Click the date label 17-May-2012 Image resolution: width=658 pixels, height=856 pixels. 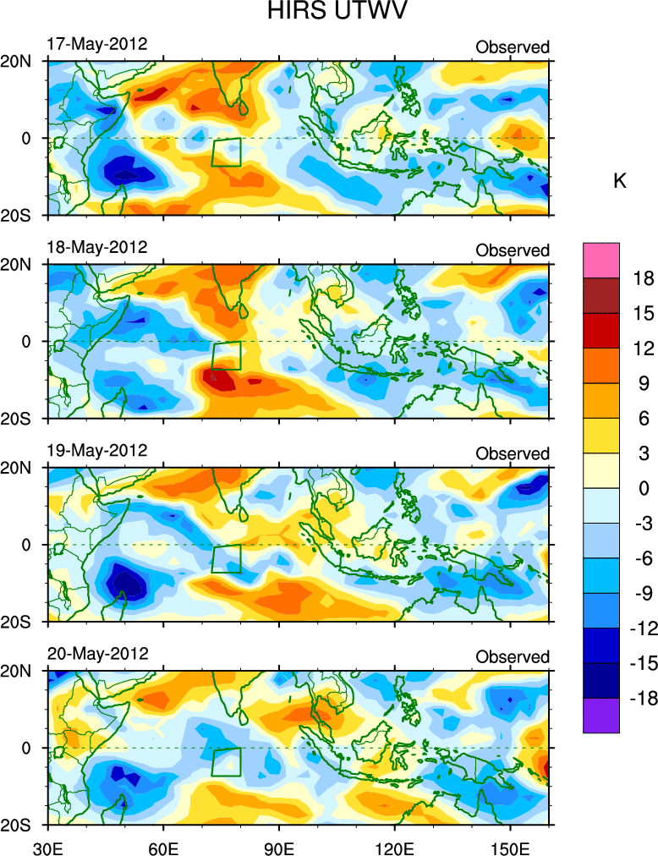(x=96, y=44)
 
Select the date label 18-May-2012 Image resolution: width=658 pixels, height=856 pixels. (x=96, y=247)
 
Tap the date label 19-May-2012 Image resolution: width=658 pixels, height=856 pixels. (x=96, y=450)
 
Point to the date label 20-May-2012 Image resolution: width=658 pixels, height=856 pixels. (x=96, y=654)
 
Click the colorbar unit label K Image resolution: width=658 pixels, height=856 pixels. (x=619, y=180)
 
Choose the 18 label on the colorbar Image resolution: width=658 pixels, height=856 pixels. (x=644, y=278)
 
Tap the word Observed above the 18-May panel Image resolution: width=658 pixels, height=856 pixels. (x=513, y=250)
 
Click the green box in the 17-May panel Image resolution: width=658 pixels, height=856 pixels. (x=226, y=152)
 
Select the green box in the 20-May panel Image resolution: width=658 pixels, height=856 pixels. (x=226, y=761)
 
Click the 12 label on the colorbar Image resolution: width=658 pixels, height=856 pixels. (x=644, y=348)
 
